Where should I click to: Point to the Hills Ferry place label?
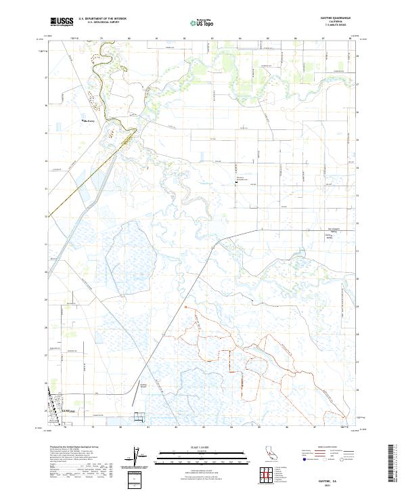coord(89,121)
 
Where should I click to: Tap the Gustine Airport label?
coord(143,386)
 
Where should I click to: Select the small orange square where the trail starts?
coord(185,307)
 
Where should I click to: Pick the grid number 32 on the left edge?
coord(46,217)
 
